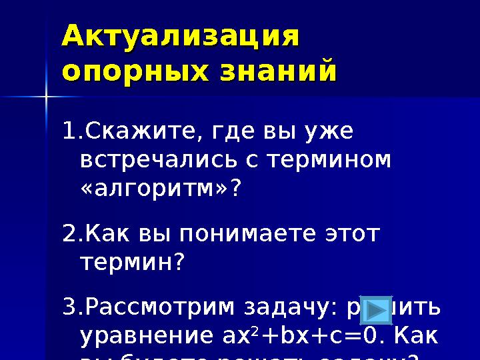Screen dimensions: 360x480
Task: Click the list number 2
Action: click(69, 234)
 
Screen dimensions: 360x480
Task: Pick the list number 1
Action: click(69, 131)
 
